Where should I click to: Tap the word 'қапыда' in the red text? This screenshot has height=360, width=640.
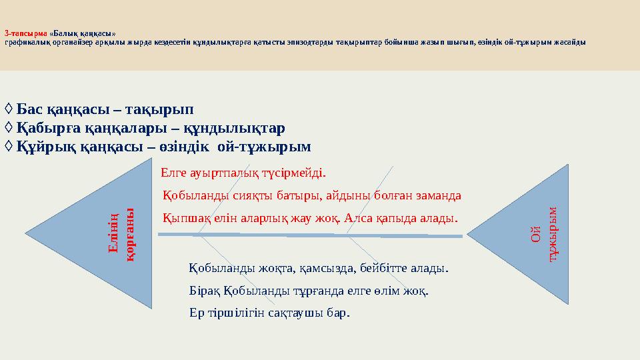[x=397, y=218]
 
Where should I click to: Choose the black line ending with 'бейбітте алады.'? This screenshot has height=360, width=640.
[x=319, y=269]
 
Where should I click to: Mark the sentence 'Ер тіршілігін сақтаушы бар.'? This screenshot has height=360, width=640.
[x=269, y=313]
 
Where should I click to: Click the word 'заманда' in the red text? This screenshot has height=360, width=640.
[x=438, y=196]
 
